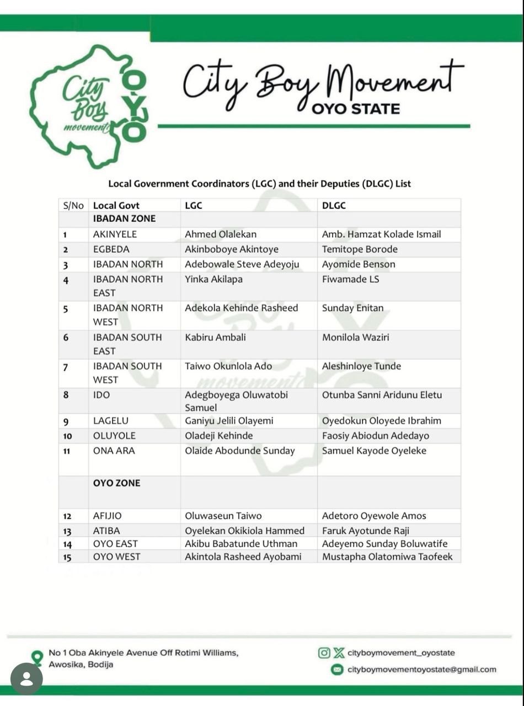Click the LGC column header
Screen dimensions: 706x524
pos(194,206)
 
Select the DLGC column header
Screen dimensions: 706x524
pos(334,206)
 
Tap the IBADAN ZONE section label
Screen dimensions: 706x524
pos(124,219)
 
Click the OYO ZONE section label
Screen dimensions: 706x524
pos(116,483)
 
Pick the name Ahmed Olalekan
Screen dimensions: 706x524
pos(221,234)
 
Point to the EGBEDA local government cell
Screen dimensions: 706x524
pos(111,249)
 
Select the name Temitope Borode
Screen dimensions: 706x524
pos(360,249)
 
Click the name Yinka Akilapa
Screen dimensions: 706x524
pos(213,280)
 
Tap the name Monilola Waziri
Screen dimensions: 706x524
pos(355,337)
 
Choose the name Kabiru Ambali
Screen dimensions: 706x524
pos(215,337)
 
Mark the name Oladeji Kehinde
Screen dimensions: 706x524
pos(218,436)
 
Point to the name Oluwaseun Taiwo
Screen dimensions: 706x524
pos(223,516)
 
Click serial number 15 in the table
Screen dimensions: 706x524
pos(67,557)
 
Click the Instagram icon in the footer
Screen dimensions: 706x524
pos(324,653)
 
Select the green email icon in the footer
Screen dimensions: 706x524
pos(336,670)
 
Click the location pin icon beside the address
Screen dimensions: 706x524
pos(37,657)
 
